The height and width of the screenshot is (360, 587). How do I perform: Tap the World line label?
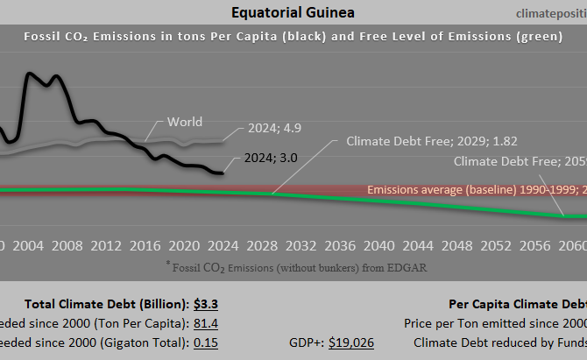tap(184, 122)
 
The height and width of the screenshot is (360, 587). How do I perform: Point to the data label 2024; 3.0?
tap(275, 159)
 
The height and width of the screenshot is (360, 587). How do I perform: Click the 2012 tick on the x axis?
tap(105, 244)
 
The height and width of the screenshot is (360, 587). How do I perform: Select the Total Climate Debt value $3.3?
tap(205, 305)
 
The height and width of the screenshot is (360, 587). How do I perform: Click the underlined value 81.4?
tap(204, 323)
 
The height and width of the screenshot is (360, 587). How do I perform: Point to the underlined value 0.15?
tap(205, 342)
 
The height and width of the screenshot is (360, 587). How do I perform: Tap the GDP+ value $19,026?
tap(351, 342)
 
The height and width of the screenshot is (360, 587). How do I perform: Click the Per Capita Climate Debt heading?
tap(517, 305)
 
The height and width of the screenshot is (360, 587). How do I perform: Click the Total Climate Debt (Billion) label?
tap(106, 305)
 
